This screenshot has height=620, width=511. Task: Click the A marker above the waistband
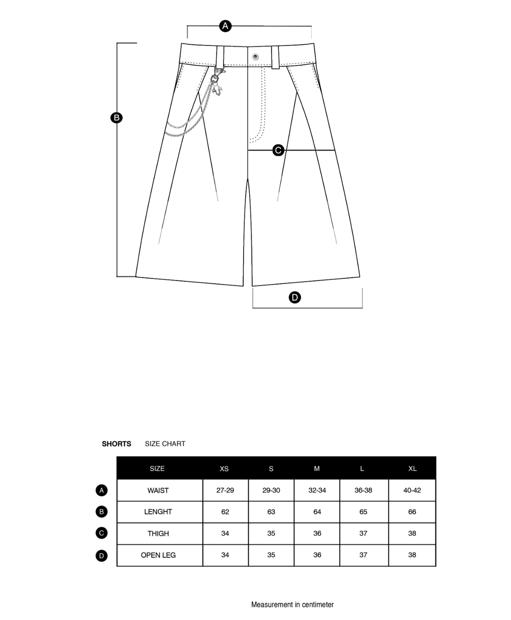click(225, 26)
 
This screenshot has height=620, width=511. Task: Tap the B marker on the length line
click(116, 118)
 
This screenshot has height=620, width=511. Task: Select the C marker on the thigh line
click(278, 150)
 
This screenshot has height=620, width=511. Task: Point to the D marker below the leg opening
click(295, 297)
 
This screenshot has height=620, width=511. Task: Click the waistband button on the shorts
click(255, 57)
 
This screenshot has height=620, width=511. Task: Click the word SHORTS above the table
click(116, 444)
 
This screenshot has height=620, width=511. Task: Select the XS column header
click(224, 468)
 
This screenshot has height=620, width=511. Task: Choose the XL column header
click(412, 468)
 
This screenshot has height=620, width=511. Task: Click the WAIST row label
click(158, 491)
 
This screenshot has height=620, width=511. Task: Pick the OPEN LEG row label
click(158, 555)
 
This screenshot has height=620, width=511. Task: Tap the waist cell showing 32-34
click(317, 491)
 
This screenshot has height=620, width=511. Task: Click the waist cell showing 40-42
click(412, 491)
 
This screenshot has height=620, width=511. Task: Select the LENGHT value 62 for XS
click(225, 512)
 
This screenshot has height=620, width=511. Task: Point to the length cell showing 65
click(363, 512)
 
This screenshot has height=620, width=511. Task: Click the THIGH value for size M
click(317, 534)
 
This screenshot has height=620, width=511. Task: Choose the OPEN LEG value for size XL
click(412, 555)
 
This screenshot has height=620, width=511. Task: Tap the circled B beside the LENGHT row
click(101, 511)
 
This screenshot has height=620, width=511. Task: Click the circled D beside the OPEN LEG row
click(101, 555)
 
